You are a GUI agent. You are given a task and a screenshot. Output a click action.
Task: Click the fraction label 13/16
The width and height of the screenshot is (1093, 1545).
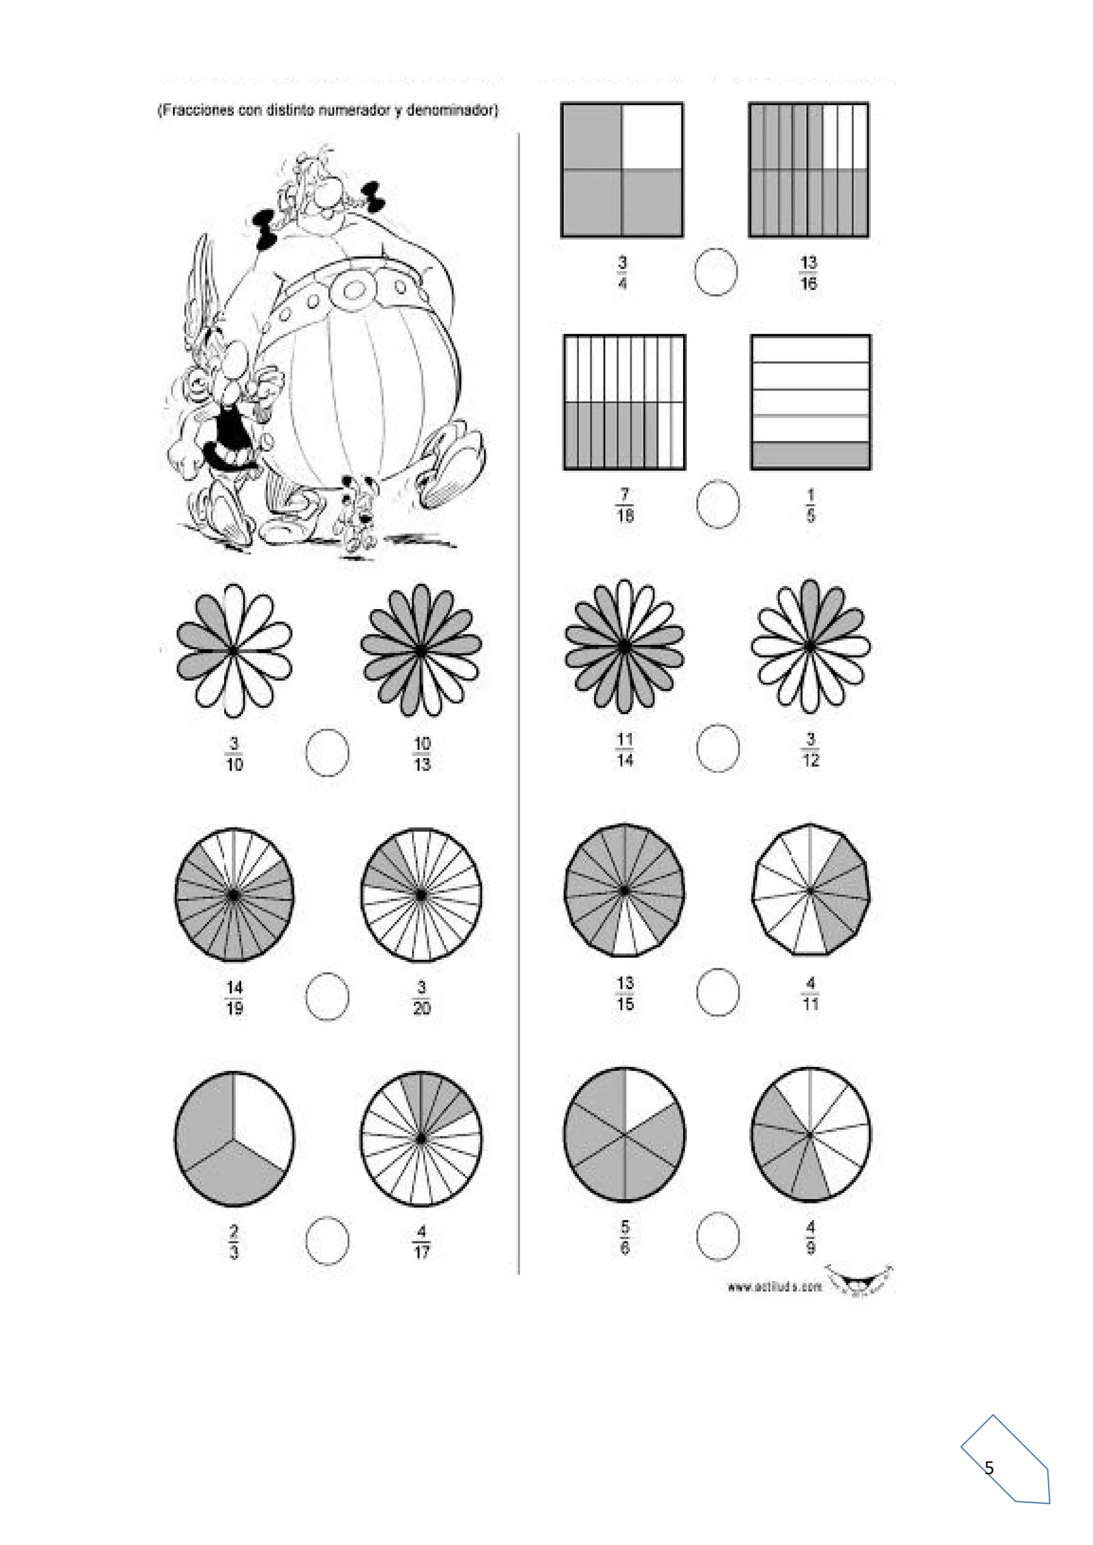pyautogui.click(x=809, y=273)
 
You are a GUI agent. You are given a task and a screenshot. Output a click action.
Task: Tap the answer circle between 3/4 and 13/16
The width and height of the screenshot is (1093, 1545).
pyautogui.click(x=716, y=272)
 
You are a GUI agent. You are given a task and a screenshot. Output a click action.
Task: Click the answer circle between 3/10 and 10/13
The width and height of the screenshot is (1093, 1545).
pyautogui.click(x=327, y=752)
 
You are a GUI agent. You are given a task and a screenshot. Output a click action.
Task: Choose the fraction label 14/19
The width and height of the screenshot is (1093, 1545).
pyautogui.click(x=234, y=997)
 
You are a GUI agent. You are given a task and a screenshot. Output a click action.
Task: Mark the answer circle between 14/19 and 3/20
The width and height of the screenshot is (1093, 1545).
pyautogui.click(x=327, y=997)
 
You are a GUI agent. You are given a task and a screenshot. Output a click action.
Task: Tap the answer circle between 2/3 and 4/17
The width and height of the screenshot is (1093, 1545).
pyautogui.click(x=327, y=1241)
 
